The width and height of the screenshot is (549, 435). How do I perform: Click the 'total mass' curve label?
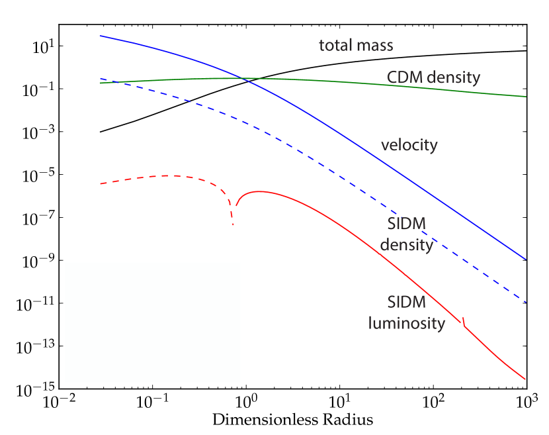click(356, 46)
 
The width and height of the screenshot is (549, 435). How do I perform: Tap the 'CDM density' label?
click(433, 77)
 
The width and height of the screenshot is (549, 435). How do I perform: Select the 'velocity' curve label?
click(409, 144)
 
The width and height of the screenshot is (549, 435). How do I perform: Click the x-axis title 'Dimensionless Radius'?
click(293, 420)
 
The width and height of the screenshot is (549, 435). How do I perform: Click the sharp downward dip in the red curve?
click(233, 224)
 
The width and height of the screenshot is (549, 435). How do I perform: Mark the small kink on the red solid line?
click(464, 322)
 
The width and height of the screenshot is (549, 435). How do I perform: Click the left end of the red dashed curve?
click(101, 183)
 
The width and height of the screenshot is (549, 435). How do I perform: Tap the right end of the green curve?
click(527, 97)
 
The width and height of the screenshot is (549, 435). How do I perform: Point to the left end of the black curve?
click(101, 132)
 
